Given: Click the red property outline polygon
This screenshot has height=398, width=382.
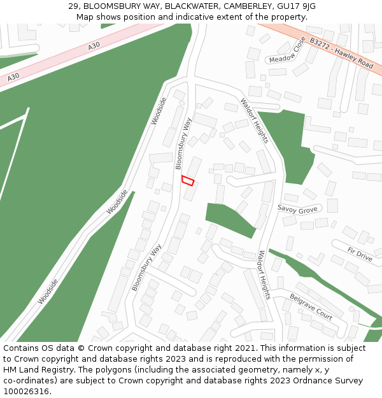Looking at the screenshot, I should (x=188, y=181).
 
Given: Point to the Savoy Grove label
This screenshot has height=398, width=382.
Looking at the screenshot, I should (x=297, y=209).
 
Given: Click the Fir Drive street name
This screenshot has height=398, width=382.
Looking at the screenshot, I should (x=360, y=255).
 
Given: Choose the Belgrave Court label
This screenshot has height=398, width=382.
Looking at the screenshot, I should (x=311, y=307).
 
